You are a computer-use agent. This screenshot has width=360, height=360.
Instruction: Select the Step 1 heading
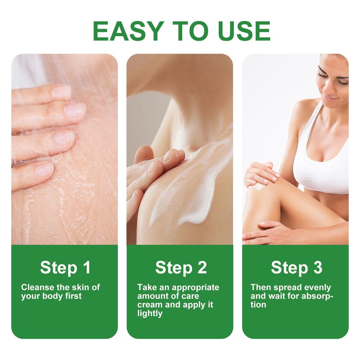[65, 268]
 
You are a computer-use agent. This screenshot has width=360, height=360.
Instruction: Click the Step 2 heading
[181, 268]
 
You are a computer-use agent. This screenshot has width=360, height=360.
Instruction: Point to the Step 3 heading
[296, 268]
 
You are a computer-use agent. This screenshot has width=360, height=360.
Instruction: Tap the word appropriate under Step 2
[198, 287]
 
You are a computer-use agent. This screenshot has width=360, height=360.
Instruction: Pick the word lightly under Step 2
[150, 313]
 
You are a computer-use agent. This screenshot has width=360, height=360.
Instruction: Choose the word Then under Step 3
[261, 287]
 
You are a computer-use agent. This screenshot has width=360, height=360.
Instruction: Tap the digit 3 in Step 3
[317, 268]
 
